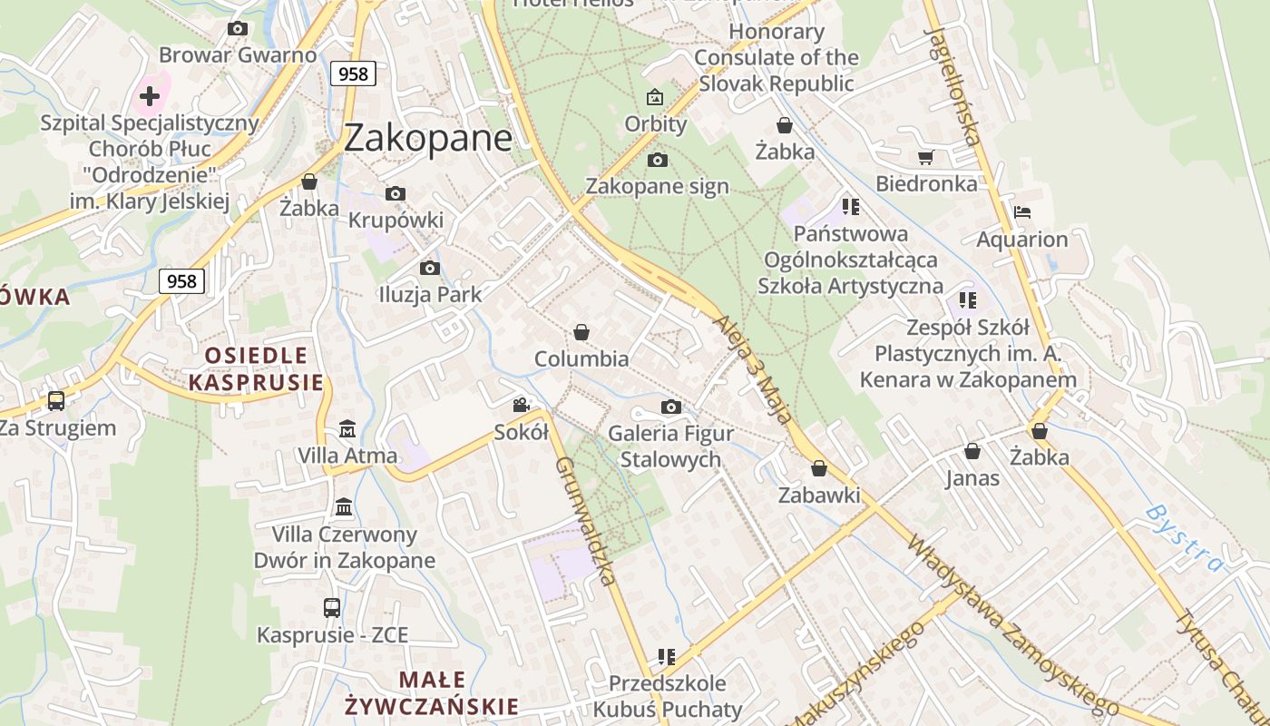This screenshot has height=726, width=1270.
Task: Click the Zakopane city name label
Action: (427, 138)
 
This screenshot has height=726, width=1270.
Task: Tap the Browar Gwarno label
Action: (237, 54)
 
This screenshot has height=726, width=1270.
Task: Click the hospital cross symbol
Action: (150, 96)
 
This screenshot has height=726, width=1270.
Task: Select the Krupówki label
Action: (396, 221)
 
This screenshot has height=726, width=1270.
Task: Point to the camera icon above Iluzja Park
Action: (430, 268)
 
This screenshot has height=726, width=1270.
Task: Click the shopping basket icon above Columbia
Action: (581, 333)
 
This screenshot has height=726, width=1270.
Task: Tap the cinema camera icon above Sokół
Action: (522, 405)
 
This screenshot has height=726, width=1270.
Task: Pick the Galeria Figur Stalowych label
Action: (670, 446)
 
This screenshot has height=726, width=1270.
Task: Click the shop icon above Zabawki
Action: (819, 468)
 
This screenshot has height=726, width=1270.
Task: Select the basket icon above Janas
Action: (972, 451)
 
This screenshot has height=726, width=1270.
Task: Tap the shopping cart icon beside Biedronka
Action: (925, 158)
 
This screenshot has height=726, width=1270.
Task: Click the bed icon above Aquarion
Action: (1022, 213)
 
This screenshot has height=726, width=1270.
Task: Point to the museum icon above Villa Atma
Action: (347, 428)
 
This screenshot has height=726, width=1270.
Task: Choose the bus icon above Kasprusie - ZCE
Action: (332, 607)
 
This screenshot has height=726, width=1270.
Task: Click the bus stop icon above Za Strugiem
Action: (56, 400)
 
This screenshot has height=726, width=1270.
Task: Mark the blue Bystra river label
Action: (1184, 537)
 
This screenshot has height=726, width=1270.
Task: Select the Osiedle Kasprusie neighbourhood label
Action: (256, 368)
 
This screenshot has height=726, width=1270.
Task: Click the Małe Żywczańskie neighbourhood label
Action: (432, 692)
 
